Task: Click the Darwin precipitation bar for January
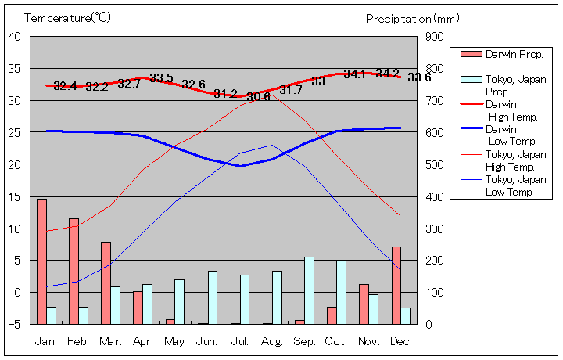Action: (x=41, y=261)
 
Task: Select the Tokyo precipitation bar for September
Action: (x=309, y=290)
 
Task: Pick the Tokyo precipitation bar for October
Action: (x=341, y=292)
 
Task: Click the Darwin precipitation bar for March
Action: (x=106, y=283)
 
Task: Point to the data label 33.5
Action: (x=162, y=77)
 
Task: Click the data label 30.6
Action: (x=258, y=96)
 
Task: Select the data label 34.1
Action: (x=355, y=74)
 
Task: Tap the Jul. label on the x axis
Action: (x=240, y=341)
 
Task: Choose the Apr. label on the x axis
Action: (x=143, y=341)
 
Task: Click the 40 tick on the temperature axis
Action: (x=15, y=36)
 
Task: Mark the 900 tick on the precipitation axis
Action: (x=435, y=36)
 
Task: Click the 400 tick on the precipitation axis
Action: (x=435, y=196)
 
